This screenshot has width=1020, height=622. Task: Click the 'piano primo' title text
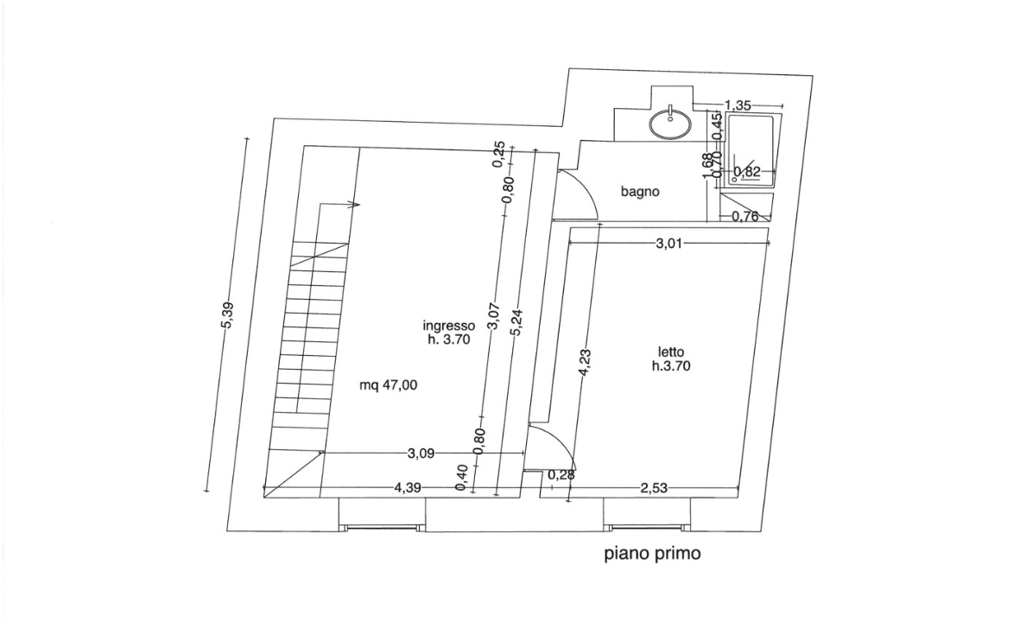coord(651,554)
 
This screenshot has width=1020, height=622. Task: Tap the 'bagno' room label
coord(640,192)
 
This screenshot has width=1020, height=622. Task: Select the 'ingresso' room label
coord(448,326)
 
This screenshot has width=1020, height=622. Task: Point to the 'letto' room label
coord(671,352)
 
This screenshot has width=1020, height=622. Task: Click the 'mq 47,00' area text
coord(388,386)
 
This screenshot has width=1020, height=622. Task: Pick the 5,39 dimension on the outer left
coord(227,315)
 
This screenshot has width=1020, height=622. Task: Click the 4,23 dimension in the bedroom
coord(585,362)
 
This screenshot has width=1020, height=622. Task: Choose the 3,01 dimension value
coord(669,244)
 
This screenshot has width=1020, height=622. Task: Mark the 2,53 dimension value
coord(655,488)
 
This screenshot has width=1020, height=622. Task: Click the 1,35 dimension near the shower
coord(738,105)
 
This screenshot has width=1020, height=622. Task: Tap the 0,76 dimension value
coord(744,216)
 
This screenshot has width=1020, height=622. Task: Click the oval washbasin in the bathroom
coord(670,124)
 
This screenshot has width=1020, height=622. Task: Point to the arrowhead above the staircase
coord(354,205)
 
